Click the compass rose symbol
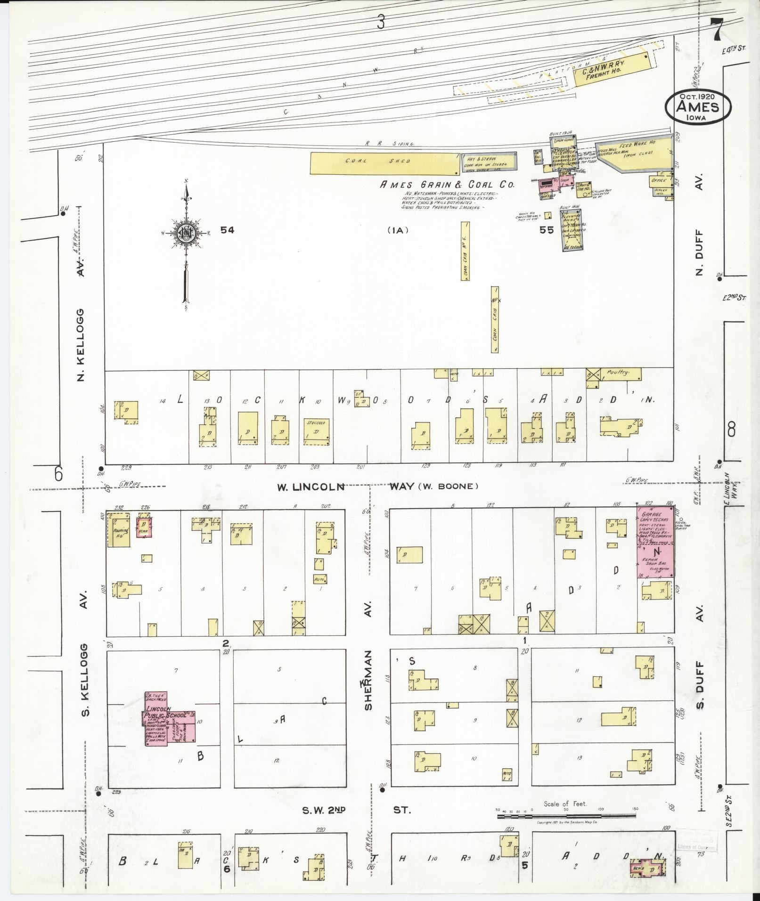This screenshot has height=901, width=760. click(x=187, y=232)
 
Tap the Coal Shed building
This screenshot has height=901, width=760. click(x=384, y=163)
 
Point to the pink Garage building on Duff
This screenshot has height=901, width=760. click(x=655, y=542)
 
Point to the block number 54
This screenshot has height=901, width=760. click(x=227, y=230)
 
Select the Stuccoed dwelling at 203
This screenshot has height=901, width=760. click(x=316, y=431)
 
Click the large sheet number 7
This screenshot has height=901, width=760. click(x=717, y=31)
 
